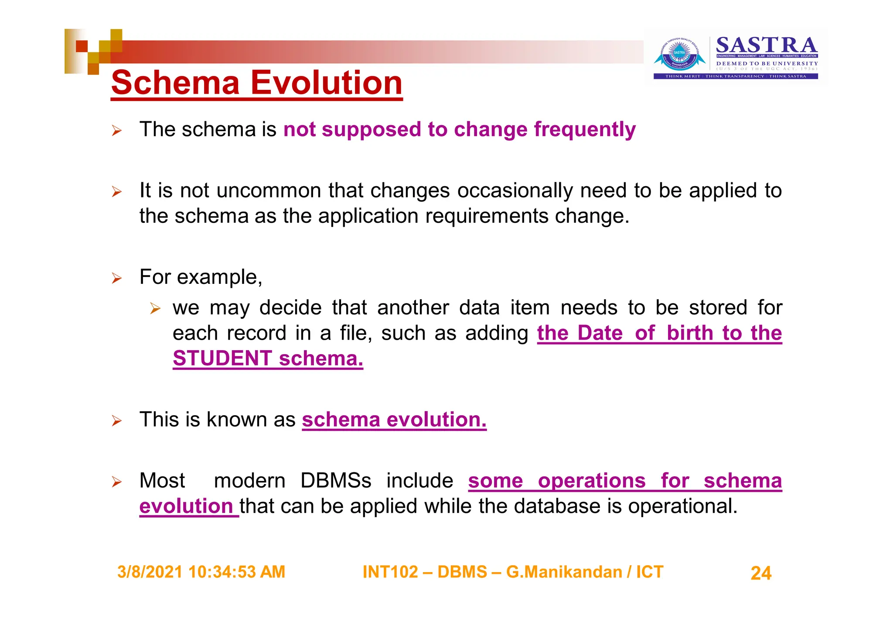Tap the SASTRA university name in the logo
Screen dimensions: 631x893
(767, 45)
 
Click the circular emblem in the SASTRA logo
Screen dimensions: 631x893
(679, 55)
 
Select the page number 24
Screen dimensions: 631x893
(761, 573)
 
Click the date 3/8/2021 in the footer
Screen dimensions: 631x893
(150, 572)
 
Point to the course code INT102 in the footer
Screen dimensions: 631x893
(390, 572)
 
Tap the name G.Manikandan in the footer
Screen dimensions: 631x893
(564, 572)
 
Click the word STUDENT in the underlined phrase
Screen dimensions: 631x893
(222, 358)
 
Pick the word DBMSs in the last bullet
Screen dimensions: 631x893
(336, 481)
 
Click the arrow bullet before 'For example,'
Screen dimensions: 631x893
(116, 278)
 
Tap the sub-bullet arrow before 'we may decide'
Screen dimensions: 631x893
(155, 308)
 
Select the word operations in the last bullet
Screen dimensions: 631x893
(591, 481)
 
